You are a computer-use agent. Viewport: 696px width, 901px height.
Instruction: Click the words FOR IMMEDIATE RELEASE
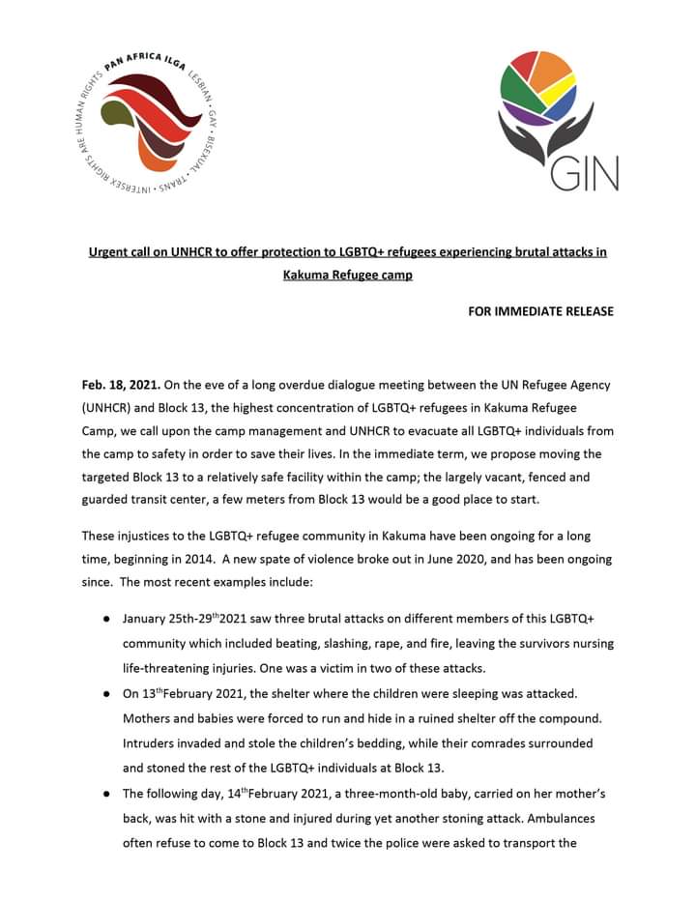pos(540,311)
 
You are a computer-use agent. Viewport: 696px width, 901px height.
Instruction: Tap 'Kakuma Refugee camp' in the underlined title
pos(347,275)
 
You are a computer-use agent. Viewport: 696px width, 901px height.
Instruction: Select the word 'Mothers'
pos(149,719)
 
